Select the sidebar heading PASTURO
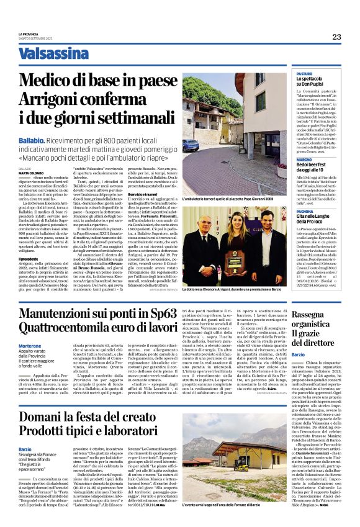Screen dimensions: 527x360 [x=304, y=73]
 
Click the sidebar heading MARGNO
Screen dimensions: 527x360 [x=304, y=160]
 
